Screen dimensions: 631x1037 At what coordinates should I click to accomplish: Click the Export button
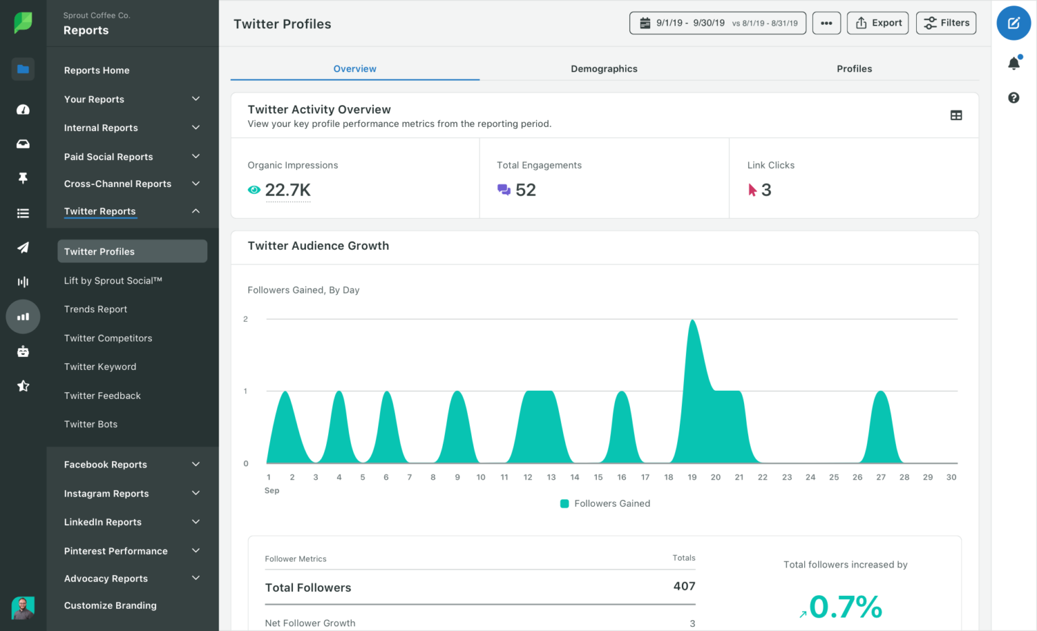point(878,23)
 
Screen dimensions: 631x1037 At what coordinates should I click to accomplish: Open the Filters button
point(946,23)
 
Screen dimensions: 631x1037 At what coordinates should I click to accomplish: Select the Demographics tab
point(604,69)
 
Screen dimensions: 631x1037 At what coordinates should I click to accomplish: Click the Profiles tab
point(854,69)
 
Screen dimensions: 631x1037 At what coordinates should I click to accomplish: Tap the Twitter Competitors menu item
point(108,338)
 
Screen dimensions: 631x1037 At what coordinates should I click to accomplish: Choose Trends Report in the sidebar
point(95,309)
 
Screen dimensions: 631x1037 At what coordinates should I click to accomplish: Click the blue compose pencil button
point(1013,23)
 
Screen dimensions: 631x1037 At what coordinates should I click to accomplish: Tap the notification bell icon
point(1013,63)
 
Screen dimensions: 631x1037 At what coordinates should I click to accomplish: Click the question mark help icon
point(1013,98)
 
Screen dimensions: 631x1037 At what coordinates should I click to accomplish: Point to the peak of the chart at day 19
point(692,321)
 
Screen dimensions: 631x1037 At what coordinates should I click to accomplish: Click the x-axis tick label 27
point(880,477)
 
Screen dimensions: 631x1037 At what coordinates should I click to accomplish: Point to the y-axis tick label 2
point(246,319)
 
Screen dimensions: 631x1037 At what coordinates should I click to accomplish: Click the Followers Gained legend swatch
point(564,503)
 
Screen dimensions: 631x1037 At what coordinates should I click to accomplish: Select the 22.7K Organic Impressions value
point(288,190)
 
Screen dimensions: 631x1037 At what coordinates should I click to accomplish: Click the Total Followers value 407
point(684,586)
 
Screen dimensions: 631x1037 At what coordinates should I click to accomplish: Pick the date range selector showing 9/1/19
point(717,23)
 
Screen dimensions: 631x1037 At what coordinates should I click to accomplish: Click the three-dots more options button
point(826,23)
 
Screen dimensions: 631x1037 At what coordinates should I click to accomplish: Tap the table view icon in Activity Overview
point(956,115)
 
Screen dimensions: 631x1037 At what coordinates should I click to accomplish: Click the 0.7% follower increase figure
point(845,607)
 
